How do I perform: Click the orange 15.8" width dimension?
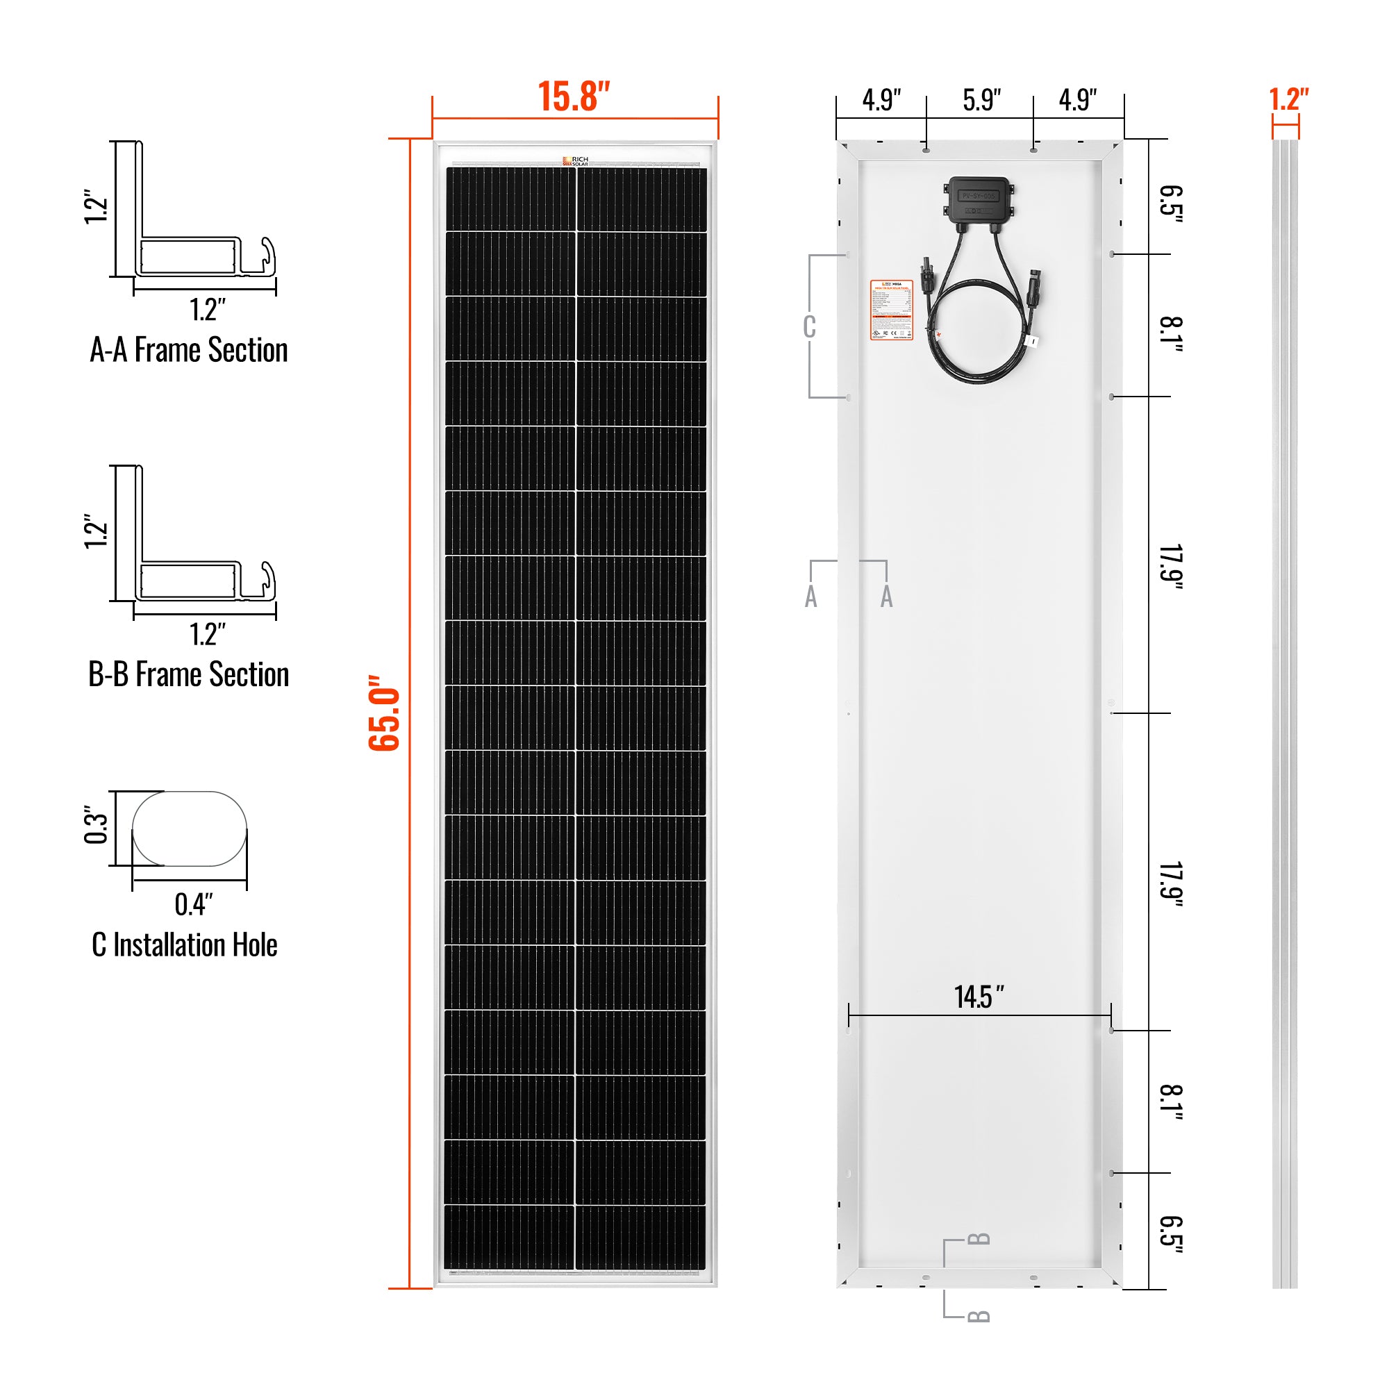tap(574, 97)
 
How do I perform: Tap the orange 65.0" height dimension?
tap(384, 713)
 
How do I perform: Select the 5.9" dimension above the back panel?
tap(981, 101)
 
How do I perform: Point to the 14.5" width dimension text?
tap(979, 997)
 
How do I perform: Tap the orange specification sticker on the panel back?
tap(891, 310)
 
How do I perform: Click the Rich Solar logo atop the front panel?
tap(575, 161)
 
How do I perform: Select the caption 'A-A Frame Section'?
tap(188, 350)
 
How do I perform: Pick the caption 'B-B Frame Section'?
tap(188, 674)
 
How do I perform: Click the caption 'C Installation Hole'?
tap(185, 945)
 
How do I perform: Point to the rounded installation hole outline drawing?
tap(190, 829)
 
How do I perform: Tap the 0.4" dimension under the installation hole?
tap(193, 904)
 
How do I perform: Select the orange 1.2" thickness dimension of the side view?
tap(1288, 99)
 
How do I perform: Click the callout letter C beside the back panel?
tap(809, 326)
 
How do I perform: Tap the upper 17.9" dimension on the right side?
tap(1170, 567)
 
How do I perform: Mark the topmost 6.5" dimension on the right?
tap(1170, 204)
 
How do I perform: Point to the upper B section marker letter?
tap(979, 1239)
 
